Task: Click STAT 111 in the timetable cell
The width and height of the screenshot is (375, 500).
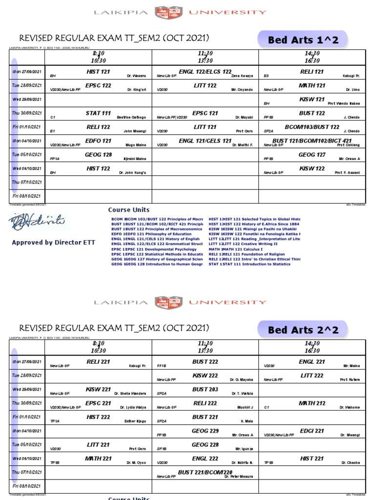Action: tap(98, 113)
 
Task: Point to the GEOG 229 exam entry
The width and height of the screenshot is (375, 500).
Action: tap(205, 431)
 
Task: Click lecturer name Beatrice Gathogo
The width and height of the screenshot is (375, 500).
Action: tap(132, 118)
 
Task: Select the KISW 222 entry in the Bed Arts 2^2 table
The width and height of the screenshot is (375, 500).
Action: tap(205, 375)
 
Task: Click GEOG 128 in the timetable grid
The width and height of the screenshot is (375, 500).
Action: tap(98, 155)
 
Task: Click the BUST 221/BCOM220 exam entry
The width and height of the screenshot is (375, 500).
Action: tap(205, 473)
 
